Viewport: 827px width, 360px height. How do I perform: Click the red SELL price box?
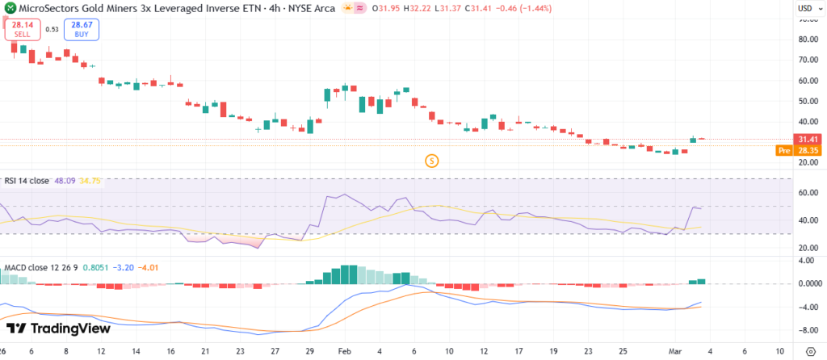pyautogui.click(x=23, y=29)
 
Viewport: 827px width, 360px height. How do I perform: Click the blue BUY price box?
pyautogui.click(x=83, y=29)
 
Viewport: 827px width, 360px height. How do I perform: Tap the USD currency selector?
pyautogui.click(x=805, y=7)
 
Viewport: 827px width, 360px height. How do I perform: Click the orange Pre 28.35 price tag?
pyautogui.click(x=800, y=150)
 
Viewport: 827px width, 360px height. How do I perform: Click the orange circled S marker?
pyautogui.click(x=432, y=161)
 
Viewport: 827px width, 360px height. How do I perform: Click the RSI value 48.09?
pyautogui.click(x=62, y=181)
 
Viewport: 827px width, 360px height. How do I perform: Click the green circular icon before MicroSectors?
pyautogui.click(x=9, y=8)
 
